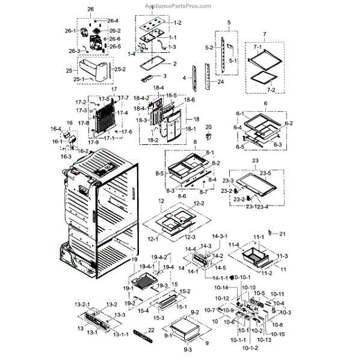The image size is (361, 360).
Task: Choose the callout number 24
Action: pos(220,82)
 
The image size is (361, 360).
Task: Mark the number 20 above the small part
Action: pos(209,127)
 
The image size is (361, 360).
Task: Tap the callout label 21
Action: pos(283,233)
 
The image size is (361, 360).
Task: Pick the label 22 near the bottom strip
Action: pos(151,331)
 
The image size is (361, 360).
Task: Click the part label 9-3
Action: pos(188,350)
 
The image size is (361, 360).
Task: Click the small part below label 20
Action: pos(209,136)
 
